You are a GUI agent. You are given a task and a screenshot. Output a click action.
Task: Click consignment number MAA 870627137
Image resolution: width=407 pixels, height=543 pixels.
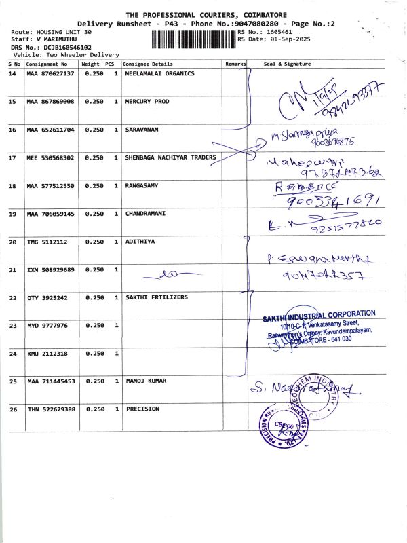pos(50,73)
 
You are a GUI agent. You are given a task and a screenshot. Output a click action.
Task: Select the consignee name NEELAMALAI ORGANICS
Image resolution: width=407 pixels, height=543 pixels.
pos(160,73)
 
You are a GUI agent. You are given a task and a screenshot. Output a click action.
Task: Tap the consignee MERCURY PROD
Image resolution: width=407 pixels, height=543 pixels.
pos(147,101)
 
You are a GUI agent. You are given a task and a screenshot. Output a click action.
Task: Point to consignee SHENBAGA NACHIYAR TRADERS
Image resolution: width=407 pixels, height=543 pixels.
pos(171,157)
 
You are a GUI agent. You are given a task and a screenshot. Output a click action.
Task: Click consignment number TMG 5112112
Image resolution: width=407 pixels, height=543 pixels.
pos(47,242)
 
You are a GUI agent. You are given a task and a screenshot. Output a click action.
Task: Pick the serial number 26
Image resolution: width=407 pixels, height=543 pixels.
pos(12,409)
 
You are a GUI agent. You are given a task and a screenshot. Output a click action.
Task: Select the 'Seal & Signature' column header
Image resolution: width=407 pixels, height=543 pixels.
pos(287,64)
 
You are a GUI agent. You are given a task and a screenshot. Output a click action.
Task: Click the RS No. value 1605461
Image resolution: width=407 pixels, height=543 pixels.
pos(279,32)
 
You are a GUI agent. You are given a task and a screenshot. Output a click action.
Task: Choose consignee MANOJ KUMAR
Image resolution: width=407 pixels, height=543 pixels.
pos(146,381)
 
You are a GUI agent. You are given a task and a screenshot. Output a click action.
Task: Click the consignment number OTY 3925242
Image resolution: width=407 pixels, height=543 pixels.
pos(47,297)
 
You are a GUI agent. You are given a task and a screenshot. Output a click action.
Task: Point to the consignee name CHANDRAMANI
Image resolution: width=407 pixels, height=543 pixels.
pos(146,213)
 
